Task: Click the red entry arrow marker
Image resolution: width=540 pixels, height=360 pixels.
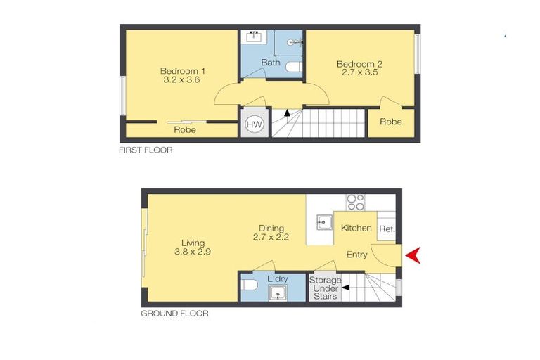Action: [x=413, y=255]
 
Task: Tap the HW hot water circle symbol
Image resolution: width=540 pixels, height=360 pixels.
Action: [x=252, y=126]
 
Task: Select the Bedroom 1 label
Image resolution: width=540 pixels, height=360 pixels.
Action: [x=183, y=70]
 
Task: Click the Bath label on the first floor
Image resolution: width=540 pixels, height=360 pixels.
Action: [x=271, y=63]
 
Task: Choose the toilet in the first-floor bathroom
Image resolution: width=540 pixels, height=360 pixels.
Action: [x=293, y=67]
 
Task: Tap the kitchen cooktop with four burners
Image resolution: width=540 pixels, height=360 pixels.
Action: [x=356, y=202]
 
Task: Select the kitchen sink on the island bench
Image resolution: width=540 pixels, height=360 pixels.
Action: [x=323, y=224]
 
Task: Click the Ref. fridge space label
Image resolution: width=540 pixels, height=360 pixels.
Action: [x=387, y=229]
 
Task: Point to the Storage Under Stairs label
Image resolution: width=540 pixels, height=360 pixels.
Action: [x=325, y=288]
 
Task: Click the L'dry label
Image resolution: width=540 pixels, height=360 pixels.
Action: [x=278, y=279]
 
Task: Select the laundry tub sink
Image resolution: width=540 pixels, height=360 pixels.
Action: [x=280, y=292]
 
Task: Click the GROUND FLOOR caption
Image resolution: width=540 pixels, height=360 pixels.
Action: [x=174, y=314]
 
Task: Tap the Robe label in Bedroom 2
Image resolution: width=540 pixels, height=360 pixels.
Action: [x=391, y=122]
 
